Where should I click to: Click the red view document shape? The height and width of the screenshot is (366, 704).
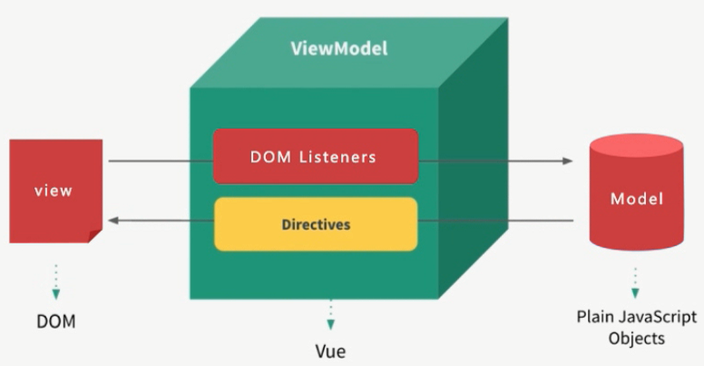(x=54, y=191)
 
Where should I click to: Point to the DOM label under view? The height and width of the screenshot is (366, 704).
(x=55, y=321)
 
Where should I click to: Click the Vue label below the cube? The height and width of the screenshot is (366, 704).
(x=330, y=350)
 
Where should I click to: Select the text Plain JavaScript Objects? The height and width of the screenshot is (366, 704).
(x=637, y=327)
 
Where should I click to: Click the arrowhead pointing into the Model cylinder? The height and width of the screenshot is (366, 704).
(x=568, y=161)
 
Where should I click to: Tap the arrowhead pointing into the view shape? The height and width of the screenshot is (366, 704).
(x=113, y=221)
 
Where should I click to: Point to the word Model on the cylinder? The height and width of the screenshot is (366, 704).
(x=636, y=199)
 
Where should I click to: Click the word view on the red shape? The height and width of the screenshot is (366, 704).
(x=53, y=191)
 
